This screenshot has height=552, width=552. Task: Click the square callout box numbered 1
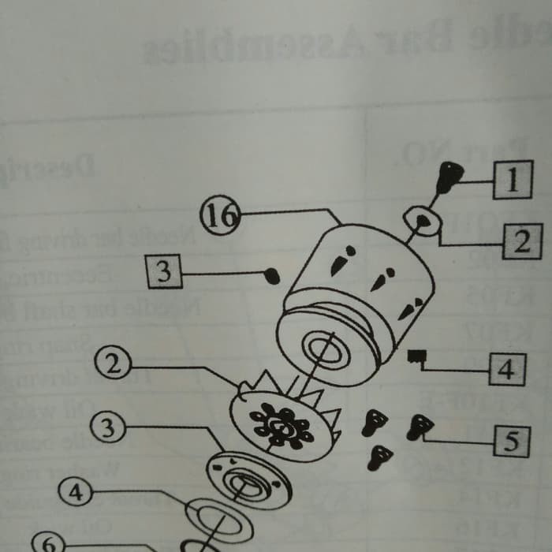click(x=513, y=180)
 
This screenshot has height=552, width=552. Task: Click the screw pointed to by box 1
click(x=448, y=177)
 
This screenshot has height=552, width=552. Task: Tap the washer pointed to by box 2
click(x=422, y=221)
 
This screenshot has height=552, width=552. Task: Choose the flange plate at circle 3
click(x=244, y=479)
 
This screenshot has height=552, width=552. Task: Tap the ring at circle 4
click(x=218, y=519)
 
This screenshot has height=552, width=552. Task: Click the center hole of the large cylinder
click(x=324, y=348)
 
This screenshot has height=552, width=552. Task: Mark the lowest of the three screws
click(x=380, y=457)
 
